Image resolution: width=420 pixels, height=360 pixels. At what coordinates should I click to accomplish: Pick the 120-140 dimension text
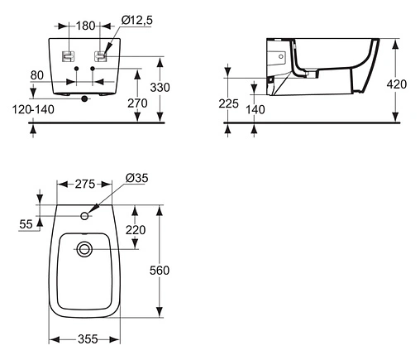pyautogui.click(x=32, y=108)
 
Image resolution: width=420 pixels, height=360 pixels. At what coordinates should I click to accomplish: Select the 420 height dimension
pyautogui.click(x=398, y=83)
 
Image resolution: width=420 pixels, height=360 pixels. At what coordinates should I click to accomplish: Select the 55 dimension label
pyautogui.click(x=26, y=223)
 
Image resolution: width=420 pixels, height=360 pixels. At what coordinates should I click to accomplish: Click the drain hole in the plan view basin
pyautogui.click(x=84, y=250)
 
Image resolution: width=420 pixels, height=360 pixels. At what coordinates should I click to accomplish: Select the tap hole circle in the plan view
pyautogui.click(x=84, y=217)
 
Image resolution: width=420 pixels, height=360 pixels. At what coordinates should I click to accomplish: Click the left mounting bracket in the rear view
pyautogui.click(x=69, y=56)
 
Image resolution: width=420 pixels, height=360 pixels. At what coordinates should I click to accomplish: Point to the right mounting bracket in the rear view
pyautogui.click(x=102, y=56)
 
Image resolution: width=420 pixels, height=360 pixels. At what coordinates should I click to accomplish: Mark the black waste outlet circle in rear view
pyautogui.click(x=85, y=98)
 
